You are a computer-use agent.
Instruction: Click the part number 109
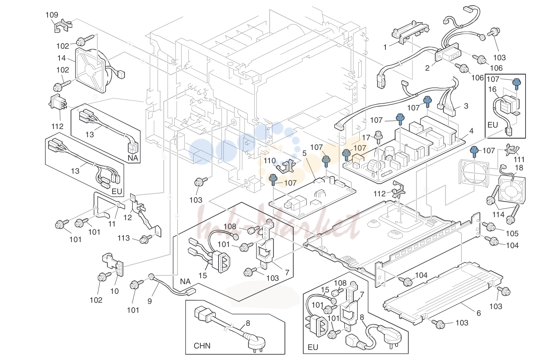click(52, 15)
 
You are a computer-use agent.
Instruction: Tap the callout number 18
click(519, 168)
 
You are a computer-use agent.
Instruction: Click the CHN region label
click(202, 346)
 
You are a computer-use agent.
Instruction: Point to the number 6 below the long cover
click(478, 313)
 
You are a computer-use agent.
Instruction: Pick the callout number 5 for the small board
click(304, 153)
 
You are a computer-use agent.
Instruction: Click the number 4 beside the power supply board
click(471, 131)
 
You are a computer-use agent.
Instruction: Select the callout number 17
click(366, 138)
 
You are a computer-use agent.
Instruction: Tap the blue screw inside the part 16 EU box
click(517, 84)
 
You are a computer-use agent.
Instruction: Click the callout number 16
click(492, 89)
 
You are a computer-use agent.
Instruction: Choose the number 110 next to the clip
click(270, 161)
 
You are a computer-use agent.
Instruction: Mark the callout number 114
click(498, 215)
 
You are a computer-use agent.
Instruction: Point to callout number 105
click(512, 234)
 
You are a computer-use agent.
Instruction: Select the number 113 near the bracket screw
click(123, 238)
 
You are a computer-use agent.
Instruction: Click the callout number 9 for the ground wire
click(149, 301)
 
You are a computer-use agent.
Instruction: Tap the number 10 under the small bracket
click(114, 291)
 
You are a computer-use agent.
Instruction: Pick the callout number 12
click(127, 218)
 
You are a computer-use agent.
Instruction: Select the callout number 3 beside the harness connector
click(466, 106)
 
